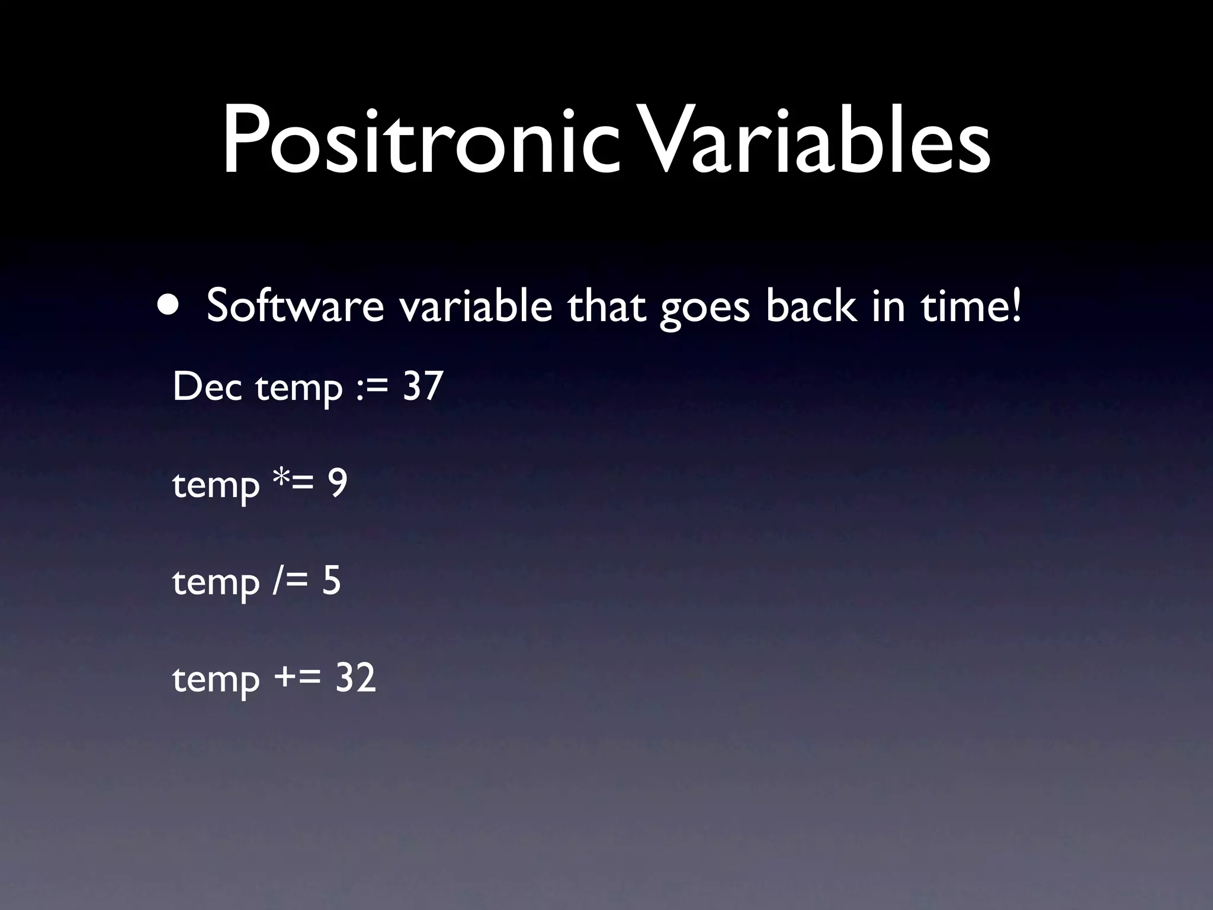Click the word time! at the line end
tap(971, 306)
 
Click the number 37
tap(423, 386)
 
